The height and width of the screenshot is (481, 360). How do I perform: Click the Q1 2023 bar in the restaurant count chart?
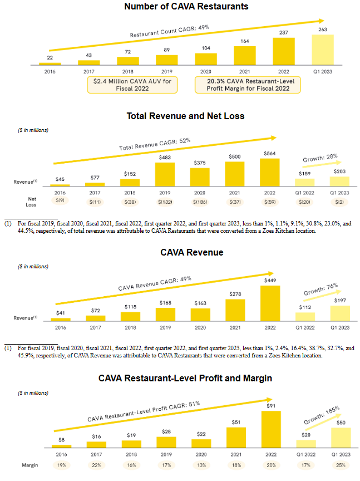pos(322,50)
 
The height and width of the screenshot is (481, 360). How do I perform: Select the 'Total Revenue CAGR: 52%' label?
pos(155,144)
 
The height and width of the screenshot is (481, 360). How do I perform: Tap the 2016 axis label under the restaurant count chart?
pos(50,71)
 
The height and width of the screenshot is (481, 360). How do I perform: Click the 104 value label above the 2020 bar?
pos(206,49)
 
